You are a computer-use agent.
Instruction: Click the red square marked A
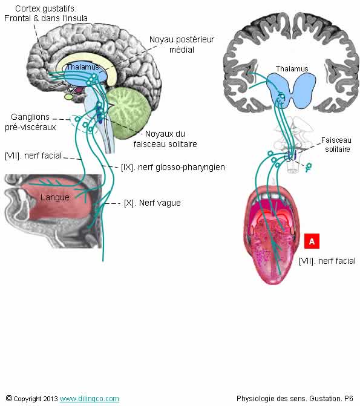[x=312, y=241]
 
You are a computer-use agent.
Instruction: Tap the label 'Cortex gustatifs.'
[x=46, y=8]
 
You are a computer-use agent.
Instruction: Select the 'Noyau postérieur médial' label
[x=182, y=44]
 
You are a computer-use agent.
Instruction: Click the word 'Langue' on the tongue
[x=55, y=197]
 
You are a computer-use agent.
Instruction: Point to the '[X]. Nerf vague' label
[x=152, y=203]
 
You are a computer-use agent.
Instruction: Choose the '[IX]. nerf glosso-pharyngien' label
[x=173, y=167]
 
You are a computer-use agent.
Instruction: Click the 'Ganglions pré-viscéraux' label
[x=30, y=122]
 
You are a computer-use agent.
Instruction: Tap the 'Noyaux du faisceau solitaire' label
[x=165, y=139]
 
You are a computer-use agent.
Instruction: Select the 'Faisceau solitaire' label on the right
[x=336, y=145]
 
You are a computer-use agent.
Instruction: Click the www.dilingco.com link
[x=90, y=399]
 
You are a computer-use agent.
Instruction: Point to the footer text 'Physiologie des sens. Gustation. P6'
[x=295, y=398]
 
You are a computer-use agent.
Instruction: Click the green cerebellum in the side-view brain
[x=129, y=113]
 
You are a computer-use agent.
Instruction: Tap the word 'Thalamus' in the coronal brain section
[x=292, y=68]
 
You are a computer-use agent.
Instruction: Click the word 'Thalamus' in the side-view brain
[x=83, y=67]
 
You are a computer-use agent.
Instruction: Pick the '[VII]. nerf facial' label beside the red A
[x=327, y=261]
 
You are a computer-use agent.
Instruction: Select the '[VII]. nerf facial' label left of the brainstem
[x=33, y=156]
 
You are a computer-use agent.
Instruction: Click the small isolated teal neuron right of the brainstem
[x=308, y=167]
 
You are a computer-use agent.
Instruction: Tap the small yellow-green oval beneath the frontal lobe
[x=68, y=97]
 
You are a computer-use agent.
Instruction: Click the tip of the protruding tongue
[x=275, y=284]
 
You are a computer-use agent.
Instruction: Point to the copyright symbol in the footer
[x=9, y=398]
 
